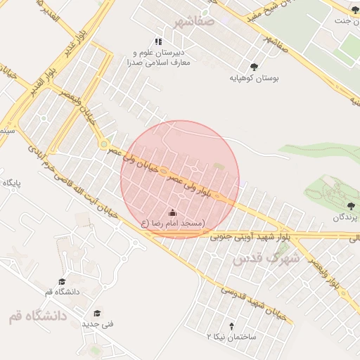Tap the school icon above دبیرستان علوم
click(x=159, y=41)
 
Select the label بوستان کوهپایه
click(x=255, y=78)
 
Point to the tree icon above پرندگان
click(x=351, y=206)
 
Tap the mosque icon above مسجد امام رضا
click(x=173, y=212)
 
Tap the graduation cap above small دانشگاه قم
click(x=63, y=281)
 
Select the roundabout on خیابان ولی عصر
click(x=104, y=145)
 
